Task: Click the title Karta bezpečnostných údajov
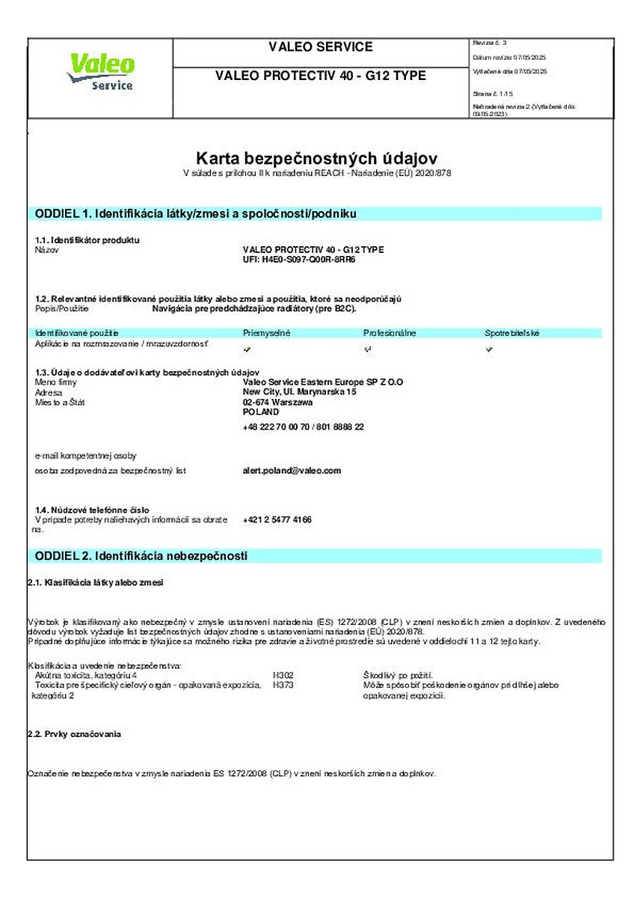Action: click(x=316, y=158)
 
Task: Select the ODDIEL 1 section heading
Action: click(x=195, y=214)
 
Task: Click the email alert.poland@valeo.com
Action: click(x=292, y=471)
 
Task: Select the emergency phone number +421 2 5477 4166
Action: click(x=277, y=519)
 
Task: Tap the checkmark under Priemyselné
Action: click(x=247, y=349)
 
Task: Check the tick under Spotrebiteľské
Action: click(x=489, y=349)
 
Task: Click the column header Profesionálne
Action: click(x=390, y=332)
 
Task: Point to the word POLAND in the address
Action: click(x=261, y=412)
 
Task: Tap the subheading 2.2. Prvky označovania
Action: click(x=74, y=734)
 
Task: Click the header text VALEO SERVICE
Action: click(x=320, y=47)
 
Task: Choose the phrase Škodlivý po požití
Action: click(x=398, y=675)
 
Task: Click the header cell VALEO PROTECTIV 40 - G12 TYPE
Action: click(x=320, y=76)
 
